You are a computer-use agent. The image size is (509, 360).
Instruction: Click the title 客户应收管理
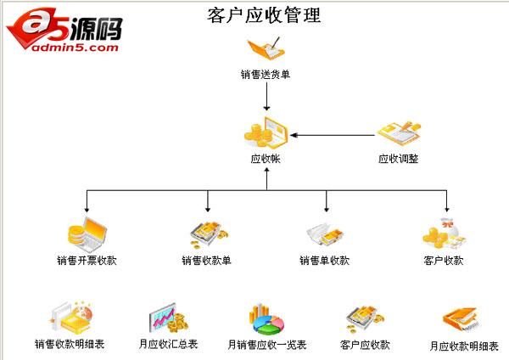[x=264, y=14]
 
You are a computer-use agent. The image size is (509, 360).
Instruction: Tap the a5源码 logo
[x=64, y=26]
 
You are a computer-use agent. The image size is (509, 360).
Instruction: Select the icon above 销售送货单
[x=266, y=48]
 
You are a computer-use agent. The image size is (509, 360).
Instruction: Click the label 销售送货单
[x=266, y=74]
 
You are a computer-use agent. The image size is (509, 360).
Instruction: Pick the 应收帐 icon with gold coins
[x=266, y=132]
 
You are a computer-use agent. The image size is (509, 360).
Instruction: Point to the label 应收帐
[x=266, y=158]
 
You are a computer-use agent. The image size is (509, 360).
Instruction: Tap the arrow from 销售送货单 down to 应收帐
[x=266, y=98]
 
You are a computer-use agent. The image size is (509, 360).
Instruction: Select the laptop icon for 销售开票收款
[x=87, y=233]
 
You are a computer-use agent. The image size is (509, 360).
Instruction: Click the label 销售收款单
[x=207, y=260]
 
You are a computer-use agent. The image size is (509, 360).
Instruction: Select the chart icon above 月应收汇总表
[x=169, y=319]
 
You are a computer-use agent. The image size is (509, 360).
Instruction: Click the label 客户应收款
[x=365, y=344]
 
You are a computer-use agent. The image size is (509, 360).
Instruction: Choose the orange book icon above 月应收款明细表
[x=463, y=319]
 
